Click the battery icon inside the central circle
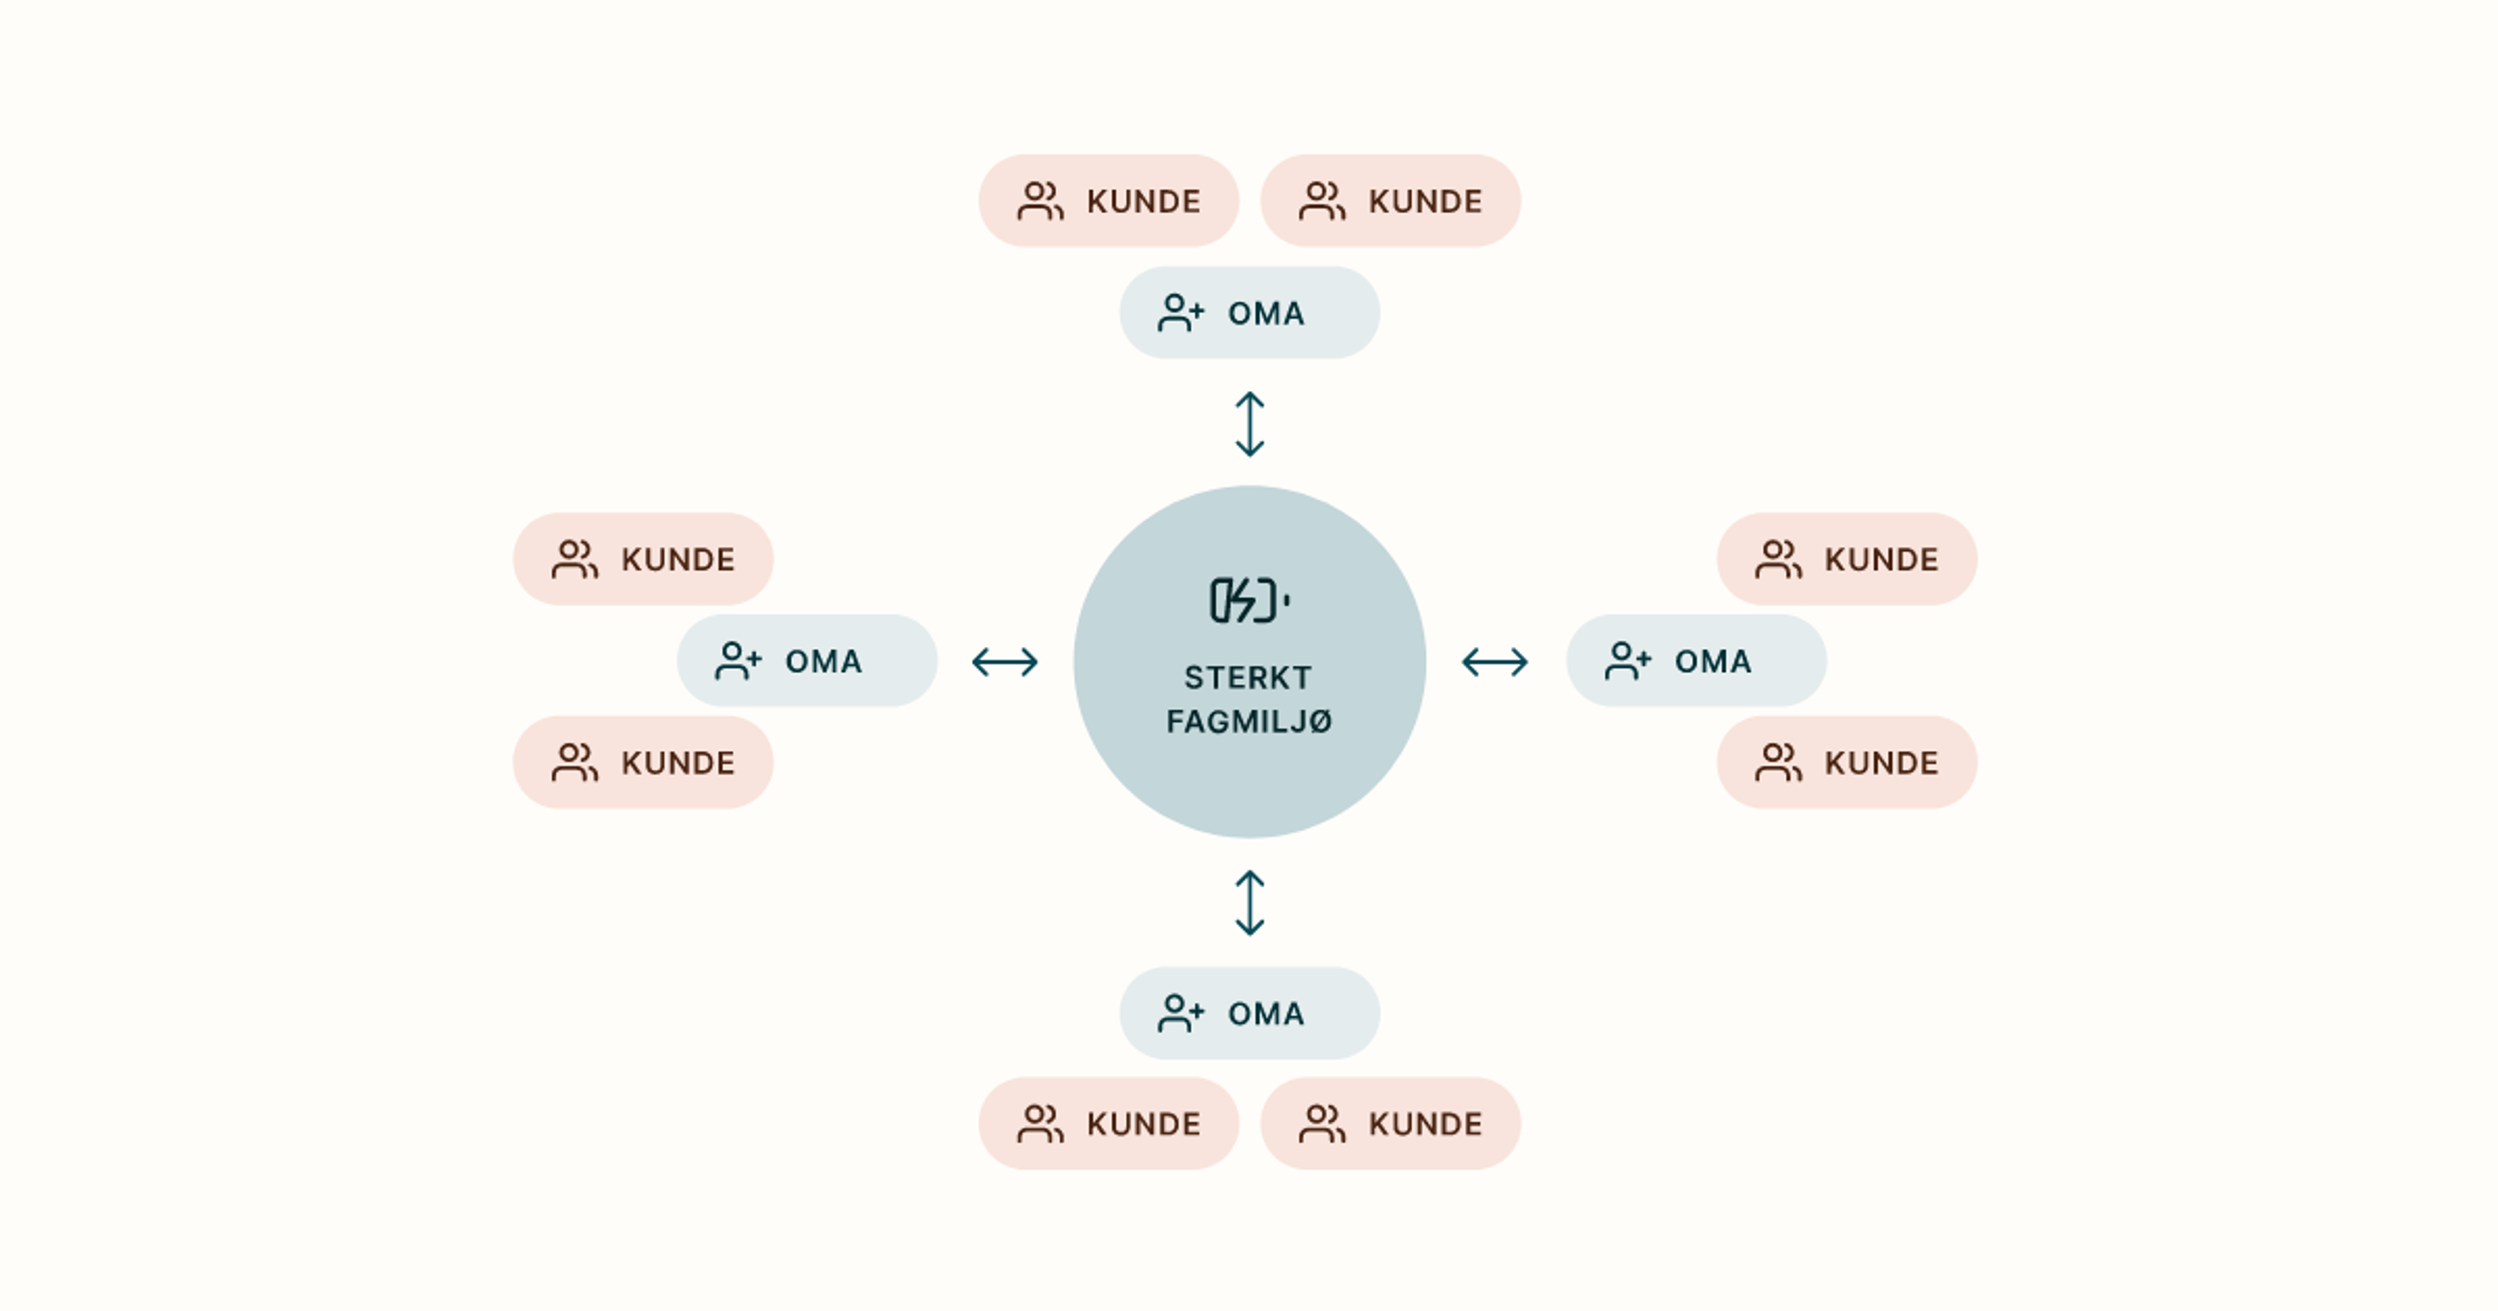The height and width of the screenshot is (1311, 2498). [1249, 600]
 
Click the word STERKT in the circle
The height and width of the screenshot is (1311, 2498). [1248, 677]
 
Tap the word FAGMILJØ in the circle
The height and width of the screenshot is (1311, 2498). [1249, 721]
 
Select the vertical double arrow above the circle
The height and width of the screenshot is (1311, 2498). [1250, 424]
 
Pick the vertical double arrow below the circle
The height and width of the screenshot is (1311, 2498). [1250, 903]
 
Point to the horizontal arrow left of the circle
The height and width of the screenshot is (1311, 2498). [1004, 662]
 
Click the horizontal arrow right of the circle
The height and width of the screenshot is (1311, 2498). [1494, 662]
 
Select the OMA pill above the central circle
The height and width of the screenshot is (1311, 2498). [1250, 312]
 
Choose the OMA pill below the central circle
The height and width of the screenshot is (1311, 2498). [1250, 1013]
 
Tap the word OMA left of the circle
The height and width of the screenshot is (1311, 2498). [824, 661]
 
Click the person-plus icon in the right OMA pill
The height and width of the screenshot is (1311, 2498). [1627, 661]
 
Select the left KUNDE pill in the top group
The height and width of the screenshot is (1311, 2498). [1108, 201]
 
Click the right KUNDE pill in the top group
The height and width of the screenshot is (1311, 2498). [1391, 201]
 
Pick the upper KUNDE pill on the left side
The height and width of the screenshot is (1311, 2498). [643, 559]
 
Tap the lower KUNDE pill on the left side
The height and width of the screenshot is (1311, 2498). [643, 762]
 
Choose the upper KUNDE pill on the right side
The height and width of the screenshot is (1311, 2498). [1847, 559]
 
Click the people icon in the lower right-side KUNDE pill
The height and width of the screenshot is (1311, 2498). [1779, 762]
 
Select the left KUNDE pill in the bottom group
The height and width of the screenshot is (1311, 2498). [1108, 1123]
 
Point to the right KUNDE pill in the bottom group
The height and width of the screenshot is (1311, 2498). [1391, 1123]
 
